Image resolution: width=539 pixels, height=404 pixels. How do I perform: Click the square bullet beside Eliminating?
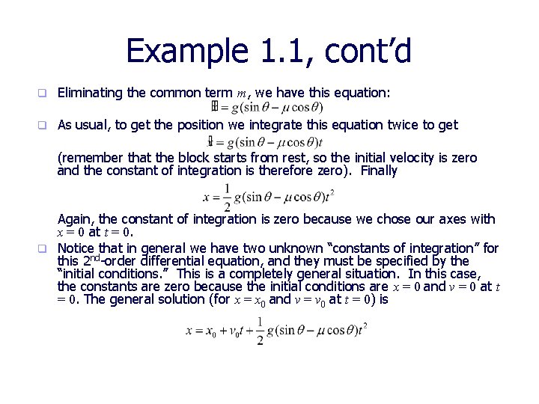click(43, 94)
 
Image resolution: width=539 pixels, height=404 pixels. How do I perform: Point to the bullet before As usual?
click(43, 126)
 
